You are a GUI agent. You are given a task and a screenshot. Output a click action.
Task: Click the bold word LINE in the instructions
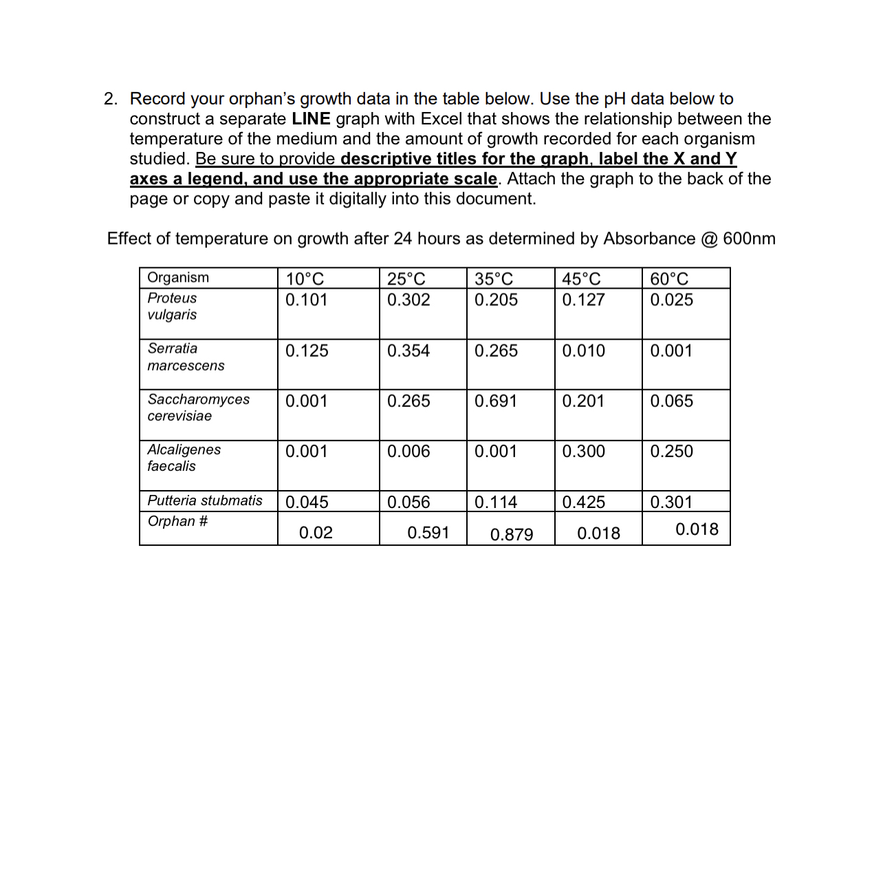pos(311,119)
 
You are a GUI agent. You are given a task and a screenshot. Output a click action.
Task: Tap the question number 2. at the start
pos(111,99)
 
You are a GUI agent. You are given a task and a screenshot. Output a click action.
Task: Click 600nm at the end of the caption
pos(749,239)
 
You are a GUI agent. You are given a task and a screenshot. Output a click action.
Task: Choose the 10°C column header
pos(305,279)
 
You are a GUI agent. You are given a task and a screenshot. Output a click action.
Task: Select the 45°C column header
pos(581,279)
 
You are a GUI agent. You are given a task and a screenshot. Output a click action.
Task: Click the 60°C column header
pos(669,279)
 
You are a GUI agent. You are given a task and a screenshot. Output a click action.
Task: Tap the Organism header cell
pos(178,278)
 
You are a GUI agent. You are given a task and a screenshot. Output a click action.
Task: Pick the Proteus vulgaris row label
pos(172,307)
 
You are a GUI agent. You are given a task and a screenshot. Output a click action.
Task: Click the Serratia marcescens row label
pos(186,357)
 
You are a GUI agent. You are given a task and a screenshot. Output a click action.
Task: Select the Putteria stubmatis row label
pos(205,500)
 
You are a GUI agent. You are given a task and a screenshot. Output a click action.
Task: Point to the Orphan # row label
pos(177,521)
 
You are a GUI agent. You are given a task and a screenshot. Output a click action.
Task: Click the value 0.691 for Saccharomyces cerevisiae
pos(496,401)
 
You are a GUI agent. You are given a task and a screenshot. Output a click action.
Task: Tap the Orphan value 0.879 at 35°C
pos(512,534)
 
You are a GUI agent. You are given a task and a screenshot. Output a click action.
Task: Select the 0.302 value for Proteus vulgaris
pos(408,300)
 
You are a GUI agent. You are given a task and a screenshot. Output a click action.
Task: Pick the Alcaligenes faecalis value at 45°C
pos(584,452)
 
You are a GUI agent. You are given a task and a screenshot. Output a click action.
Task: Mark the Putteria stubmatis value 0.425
pos(584,502)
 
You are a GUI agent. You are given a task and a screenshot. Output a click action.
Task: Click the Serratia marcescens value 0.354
pos(408,351)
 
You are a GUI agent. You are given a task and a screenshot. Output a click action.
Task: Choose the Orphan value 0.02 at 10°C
pos(316,533)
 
